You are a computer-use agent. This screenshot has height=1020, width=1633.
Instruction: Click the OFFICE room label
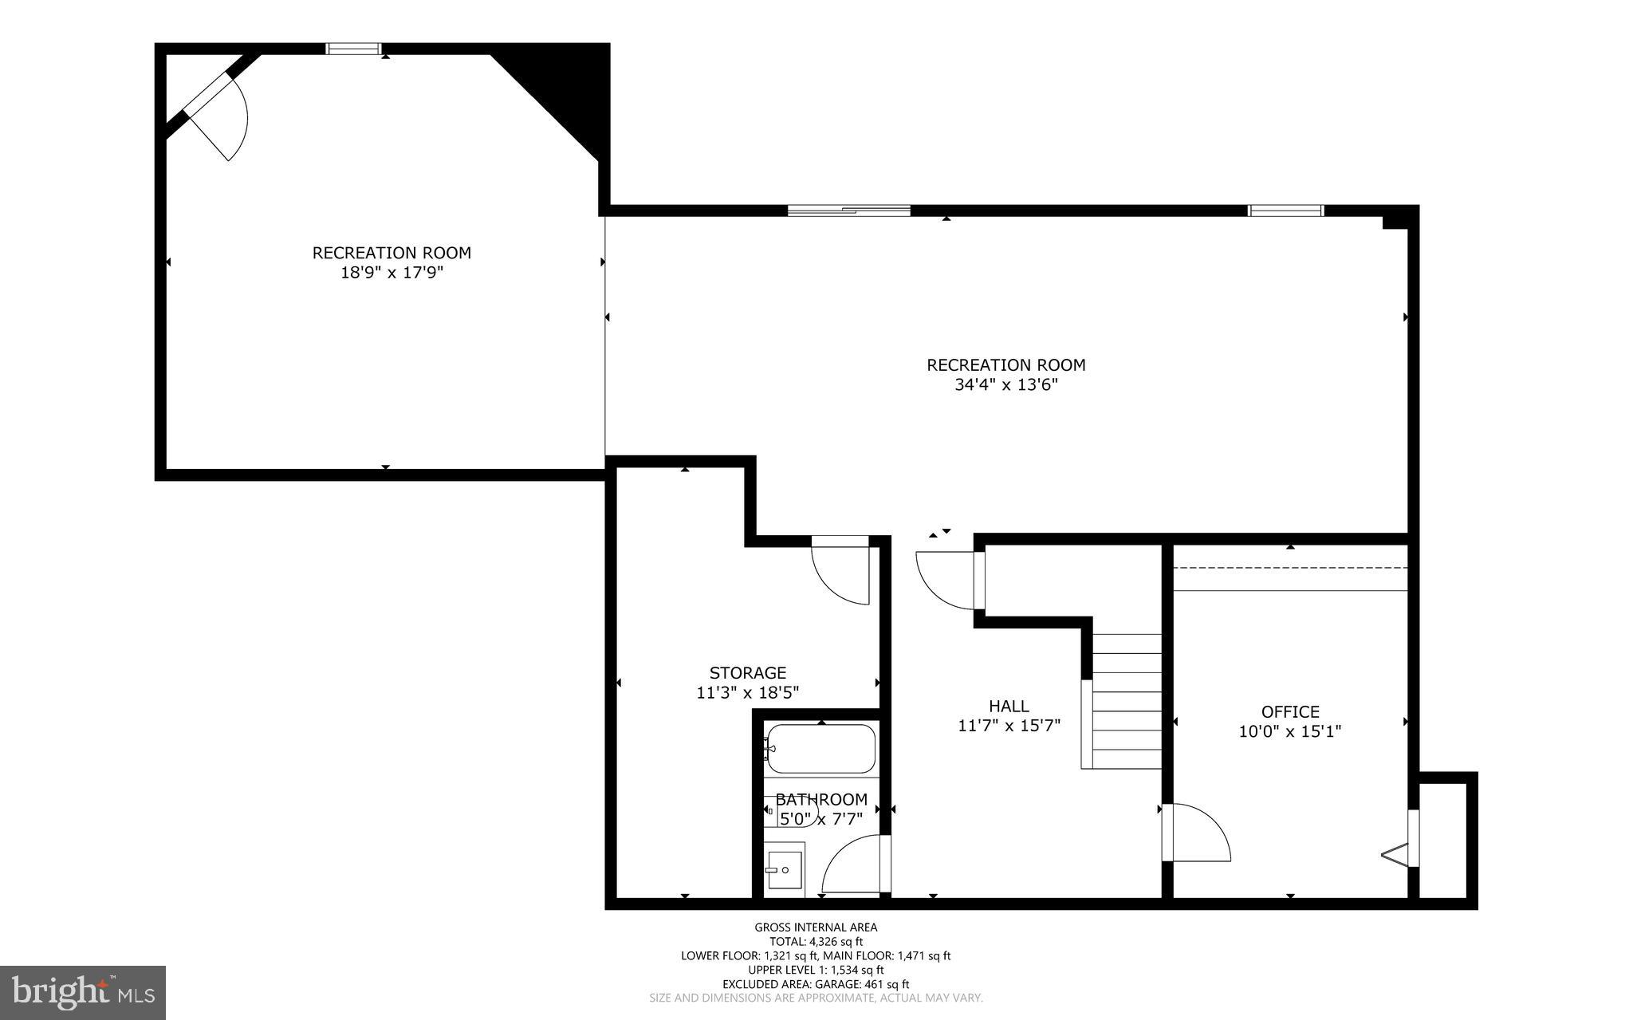(x=1289, y=711)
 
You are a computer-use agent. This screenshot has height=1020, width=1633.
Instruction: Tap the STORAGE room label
(x=747, y=672)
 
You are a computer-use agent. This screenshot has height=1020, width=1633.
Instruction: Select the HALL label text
(x=1009, y=706)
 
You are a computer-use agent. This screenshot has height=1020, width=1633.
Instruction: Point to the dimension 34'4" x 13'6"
(x=1005, y=385)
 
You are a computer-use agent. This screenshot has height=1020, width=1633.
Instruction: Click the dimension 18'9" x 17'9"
(x=391, y=273)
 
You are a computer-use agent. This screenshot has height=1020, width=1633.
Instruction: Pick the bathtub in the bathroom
(x=820, y=749)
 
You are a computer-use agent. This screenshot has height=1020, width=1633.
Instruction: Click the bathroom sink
(x=784, y=869)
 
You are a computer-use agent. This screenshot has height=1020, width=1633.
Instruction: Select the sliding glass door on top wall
(x=848, y=211)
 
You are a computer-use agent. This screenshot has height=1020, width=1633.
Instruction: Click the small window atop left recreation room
(x=354, y=49)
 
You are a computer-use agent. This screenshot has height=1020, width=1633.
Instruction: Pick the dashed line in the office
(x=1289, y=568)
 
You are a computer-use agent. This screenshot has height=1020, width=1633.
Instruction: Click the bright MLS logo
(x=83, y=992)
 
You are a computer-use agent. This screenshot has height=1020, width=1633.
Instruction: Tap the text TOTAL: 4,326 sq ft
(x=816, y=941)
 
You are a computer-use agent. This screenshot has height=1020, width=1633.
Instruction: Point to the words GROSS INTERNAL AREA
(x=816, y=927)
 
